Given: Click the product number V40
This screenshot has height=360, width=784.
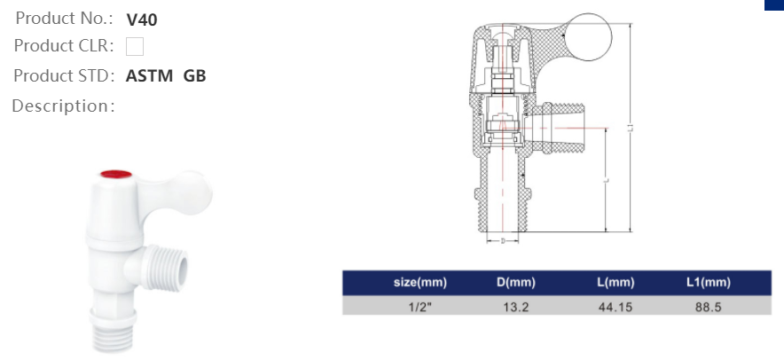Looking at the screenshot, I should [x=142, y=20].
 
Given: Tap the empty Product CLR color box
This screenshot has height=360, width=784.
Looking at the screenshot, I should [x=135, y=46].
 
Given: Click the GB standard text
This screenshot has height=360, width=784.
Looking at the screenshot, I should [x=194, y=76].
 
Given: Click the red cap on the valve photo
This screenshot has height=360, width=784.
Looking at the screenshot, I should [x=115, y=174].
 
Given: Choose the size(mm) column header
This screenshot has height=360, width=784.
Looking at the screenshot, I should [x=419, y=283].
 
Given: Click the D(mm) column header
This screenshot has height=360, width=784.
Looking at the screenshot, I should [x=515, y=283].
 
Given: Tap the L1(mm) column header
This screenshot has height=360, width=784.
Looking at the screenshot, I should [x=708, y=283].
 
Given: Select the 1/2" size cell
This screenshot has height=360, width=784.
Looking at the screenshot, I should [x=419, y=306].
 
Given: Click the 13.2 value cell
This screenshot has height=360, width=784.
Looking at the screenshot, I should [x=515, y=306].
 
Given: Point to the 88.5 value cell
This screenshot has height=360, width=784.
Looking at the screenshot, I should [x=708, y=306].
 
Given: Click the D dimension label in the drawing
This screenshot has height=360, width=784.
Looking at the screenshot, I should [x=503, y=240].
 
